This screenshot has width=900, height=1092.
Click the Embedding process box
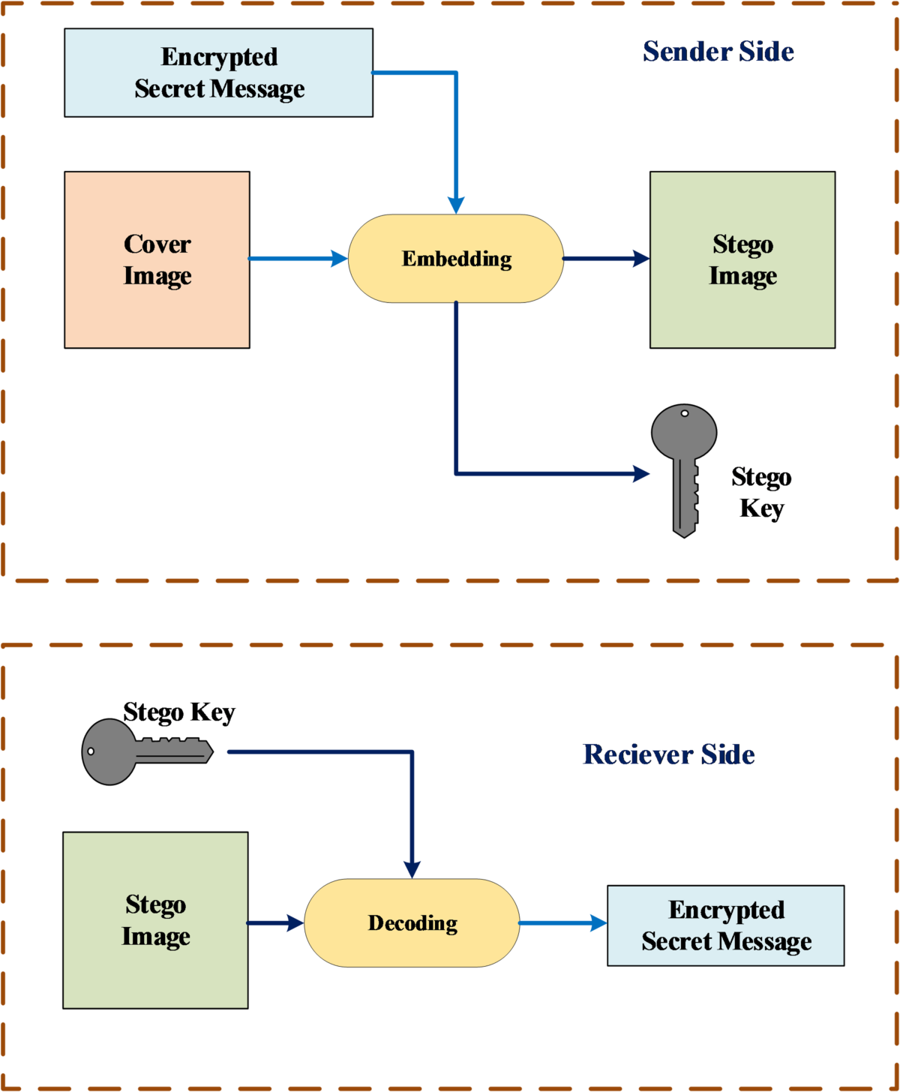[x=456, y=259]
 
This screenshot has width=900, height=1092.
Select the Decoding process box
[x=412, y=922]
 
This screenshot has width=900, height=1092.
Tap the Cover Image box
[x=157, y=259]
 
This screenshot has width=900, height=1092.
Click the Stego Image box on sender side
[x=742, y=259]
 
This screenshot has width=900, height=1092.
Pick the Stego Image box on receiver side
[x=155, y=920]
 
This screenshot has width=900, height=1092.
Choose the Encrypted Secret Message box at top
[x=218, y=73]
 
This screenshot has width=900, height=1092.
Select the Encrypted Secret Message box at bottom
[x=725, y=925]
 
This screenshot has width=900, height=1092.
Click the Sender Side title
[x=718, y=51]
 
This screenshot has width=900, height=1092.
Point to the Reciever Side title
[x=668, y=754]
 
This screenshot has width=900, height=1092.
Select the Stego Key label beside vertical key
[x=761, y=493]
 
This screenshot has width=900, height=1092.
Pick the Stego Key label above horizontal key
[x=178, y=712]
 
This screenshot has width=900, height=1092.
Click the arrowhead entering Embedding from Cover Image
[x=339, y=259]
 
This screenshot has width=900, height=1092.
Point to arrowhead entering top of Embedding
[x=456, y=205]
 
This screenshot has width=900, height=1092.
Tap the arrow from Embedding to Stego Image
[x=605, y=259]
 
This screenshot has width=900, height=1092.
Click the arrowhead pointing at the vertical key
[x=641, y=473]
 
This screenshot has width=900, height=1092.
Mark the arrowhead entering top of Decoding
[x=412, y=869]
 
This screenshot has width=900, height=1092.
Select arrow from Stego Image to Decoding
[x=275, y=922]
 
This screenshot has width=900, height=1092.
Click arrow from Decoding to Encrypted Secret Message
[x=562, y=922]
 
